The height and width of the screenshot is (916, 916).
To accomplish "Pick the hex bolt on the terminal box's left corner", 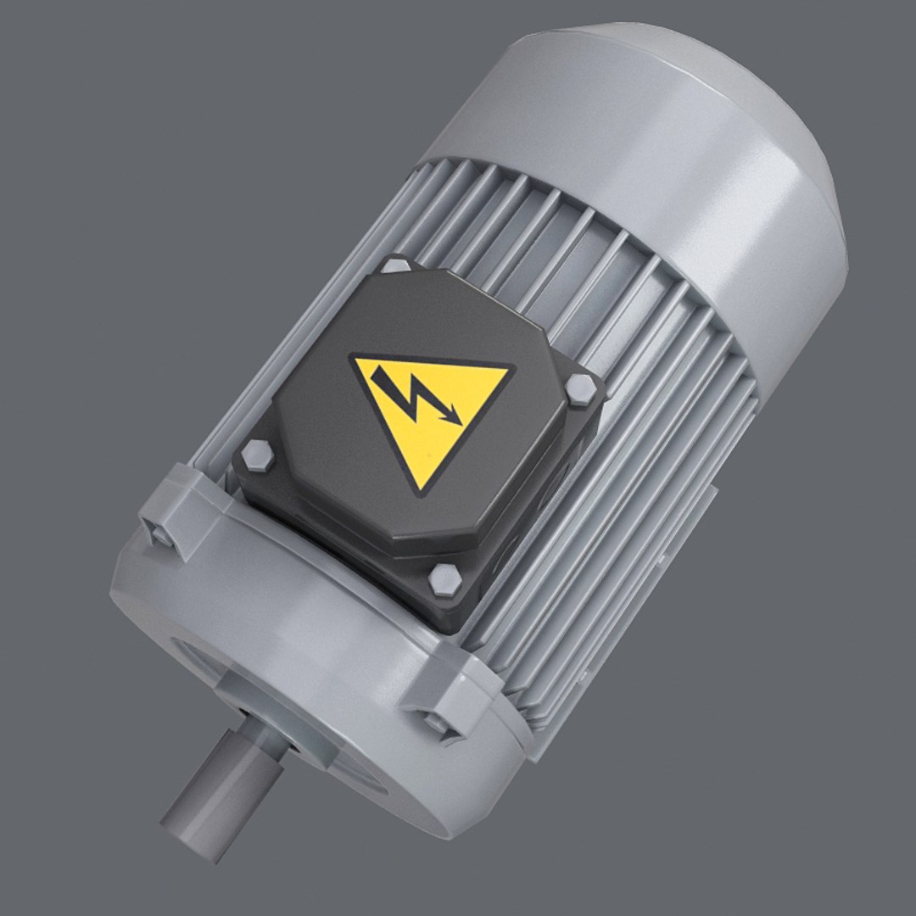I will [x=256, y=458].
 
